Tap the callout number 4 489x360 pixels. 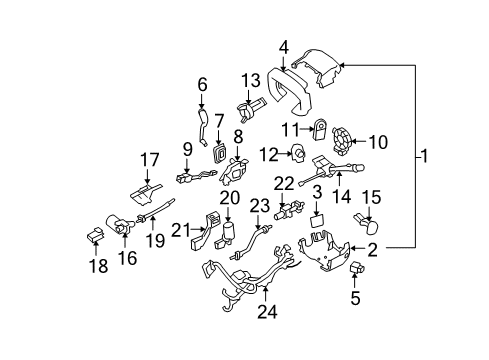click(284, 46)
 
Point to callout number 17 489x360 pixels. click(149, 158)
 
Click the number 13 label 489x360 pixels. click(249, 80)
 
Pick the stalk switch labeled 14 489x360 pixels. click(335, 167)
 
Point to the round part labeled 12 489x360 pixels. click(296, 154)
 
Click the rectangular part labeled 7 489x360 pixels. click(219, 153)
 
